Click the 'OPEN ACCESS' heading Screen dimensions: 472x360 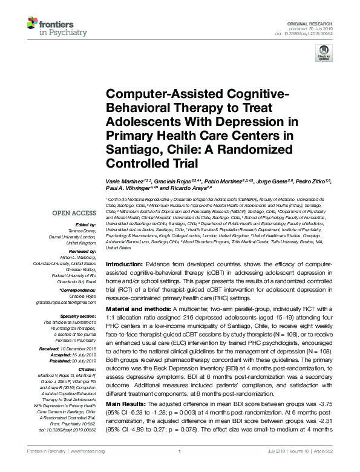tap(73, 213)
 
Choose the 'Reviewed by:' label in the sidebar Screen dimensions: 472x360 tap(82, 250)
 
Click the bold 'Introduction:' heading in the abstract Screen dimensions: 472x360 tap(125, 266)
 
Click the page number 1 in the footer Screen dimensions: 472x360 tap(180, 468)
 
